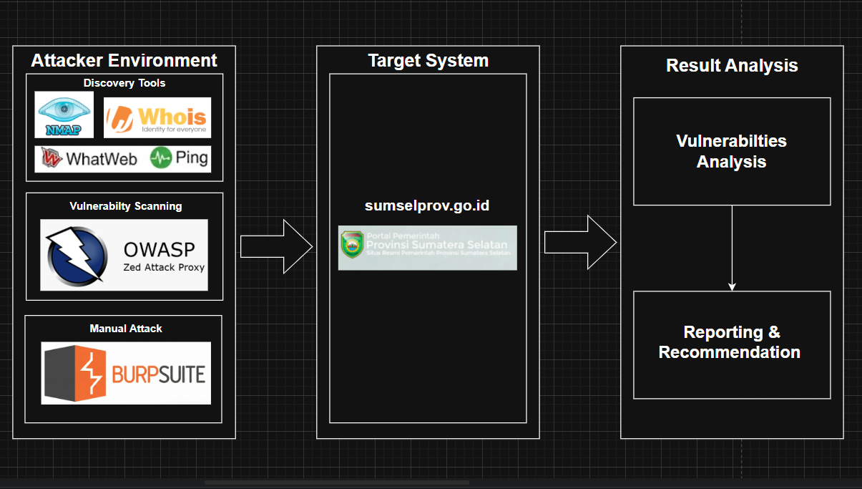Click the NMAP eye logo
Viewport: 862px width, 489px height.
pos(64,115)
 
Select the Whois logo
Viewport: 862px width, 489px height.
pos(157,117)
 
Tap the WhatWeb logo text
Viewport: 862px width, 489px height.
pos(101,159)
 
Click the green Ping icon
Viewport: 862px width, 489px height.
pos(161,158)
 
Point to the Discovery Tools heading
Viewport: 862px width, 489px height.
pos(124,83)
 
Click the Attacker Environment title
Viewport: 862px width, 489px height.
pos(124,60)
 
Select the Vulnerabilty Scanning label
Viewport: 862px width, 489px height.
pos(125,206)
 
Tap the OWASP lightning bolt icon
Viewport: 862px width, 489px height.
pos(77,256)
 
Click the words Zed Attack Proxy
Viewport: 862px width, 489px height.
pos(164,267)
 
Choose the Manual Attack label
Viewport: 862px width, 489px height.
pos(126,329)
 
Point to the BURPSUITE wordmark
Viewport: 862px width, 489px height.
pos(158,374)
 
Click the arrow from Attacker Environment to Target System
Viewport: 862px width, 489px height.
pos(276,246)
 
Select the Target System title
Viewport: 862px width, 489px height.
pos(428,60)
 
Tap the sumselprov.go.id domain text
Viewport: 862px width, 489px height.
pos(427,205)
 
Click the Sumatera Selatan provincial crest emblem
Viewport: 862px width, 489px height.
pos(352,245)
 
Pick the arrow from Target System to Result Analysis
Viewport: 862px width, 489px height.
pos(580,242)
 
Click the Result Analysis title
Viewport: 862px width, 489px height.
pos(732,65)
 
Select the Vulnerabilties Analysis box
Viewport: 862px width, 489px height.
pos(732,151)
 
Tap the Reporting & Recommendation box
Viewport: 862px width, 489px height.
pos(732,345)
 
